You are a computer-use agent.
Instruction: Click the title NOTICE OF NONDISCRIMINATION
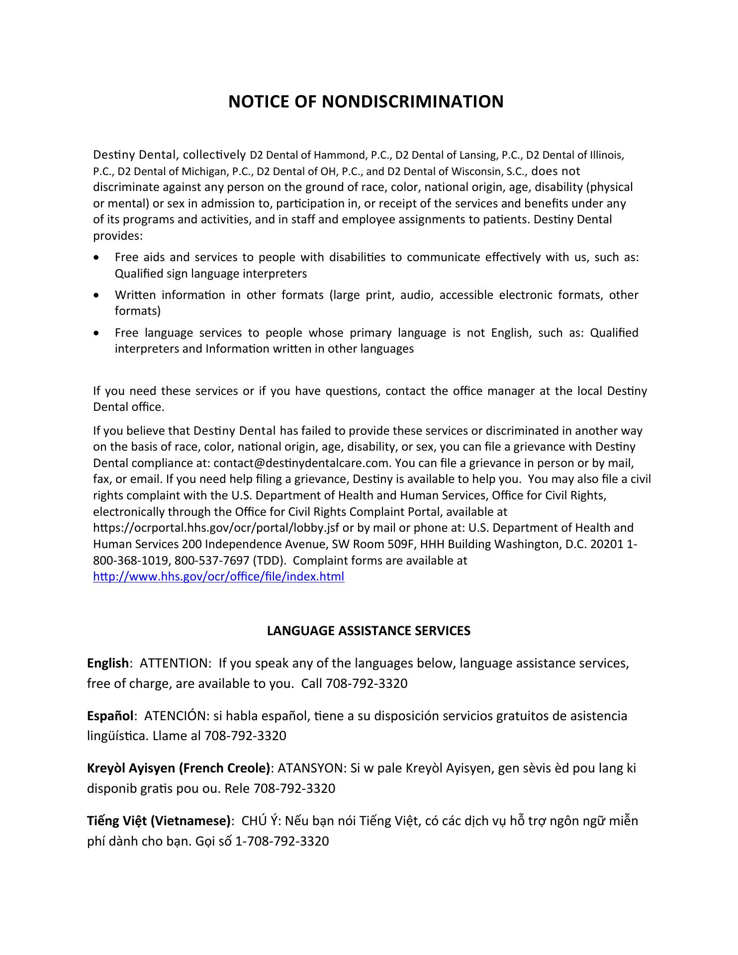pos(366,101)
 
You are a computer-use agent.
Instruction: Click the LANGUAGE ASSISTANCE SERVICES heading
pos(369,631)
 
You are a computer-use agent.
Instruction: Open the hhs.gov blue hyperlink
pos(218,577)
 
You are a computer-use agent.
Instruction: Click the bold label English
pos(108,663)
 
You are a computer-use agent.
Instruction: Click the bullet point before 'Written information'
pos(96,295)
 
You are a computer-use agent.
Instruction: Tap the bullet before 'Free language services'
pos(96,333)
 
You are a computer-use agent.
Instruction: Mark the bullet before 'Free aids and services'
pos(96,258)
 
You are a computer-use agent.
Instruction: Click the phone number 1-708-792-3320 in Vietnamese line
pos(281,841)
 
